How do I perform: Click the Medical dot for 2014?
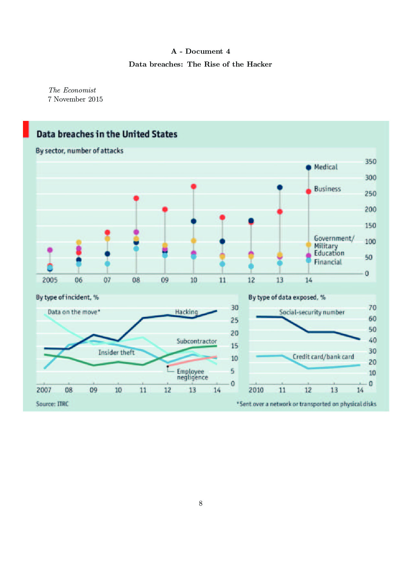[x=309, y=167]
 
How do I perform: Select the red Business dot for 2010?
[x=194, y=187]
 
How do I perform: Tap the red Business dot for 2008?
[x=136, y=198]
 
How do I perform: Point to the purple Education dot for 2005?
[x=50, y=250]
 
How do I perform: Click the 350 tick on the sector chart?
[x=371, y=162]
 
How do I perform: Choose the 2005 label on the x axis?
[x=50, y=280]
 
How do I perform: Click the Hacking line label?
[x=186, y=312]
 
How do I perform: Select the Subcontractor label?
[x=197, y=341]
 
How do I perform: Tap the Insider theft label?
[x=116, y=352]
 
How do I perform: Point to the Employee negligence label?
[x=192, y=374]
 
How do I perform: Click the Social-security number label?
[x=312, y=312]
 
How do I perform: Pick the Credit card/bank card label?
[x=323, y=357]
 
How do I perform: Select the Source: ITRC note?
[x=52, y=404]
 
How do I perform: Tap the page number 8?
[x=200, y=503]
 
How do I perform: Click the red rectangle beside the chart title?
[x=26, y=129]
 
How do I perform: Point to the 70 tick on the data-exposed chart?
[x=373, y=308]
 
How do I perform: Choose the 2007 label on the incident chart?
[x=44, y=390]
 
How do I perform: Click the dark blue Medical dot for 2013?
[x=280, y=187]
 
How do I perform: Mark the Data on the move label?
[x=74, y=312]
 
